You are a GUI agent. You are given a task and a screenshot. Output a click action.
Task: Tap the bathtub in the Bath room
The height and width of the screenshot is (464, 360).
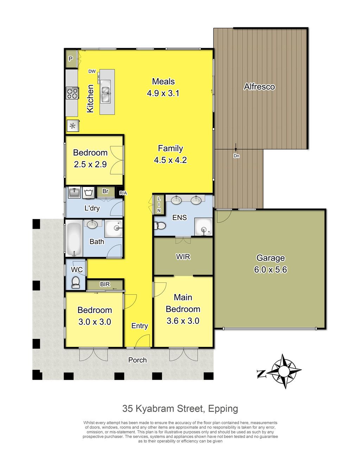pos(74,238)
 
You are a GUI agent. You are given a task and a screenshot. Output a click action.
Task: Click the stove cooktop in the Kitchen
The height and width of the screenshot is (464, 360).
pos(72,93)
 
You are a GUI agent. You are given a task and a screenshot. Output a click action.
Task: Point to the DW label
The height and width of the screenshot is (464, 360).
pos(92,71)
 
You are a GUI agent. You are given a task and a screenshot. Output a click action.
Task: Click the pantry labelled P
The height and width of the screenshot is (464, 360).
pos(71,59)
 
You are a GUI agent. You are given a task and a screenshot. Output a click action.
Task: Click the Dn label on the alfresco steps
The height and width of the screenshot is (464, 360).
pos(236,156)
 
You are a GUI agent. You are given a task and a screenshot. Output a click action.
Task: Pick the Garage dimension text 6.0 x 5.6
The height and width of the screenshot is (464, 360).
pos(270,269)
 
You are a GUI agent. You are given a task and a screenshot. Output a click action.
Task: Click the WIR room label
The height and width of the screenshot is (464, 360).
pos(183,257)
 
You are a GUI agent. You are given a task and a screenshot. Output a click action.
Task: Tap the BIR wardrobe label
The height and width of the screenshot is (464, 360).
pos(105,284)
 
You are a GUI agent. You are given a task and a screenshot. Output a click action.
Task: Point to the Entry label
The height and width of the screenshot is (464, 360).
pos(140,326)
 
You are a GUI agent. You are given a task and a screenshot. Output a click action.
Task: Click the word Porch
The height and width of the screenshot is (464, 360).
pos(137,360)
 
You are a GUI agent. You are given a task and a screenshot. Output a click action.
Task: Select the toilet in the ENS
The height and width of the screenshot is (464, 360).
pos(160,226)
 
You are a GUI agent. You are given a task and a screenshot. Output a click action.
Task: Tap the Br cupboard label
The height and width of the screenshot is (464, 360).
pos(105,191)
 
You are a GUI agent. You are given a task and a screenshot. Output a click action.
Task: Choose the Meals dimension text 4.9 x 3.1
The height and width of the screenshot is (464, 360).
pos(163,93)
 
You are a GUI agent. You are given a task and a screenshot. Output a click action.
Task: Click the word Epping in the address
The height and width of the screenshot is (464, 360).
pos(223,409)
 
